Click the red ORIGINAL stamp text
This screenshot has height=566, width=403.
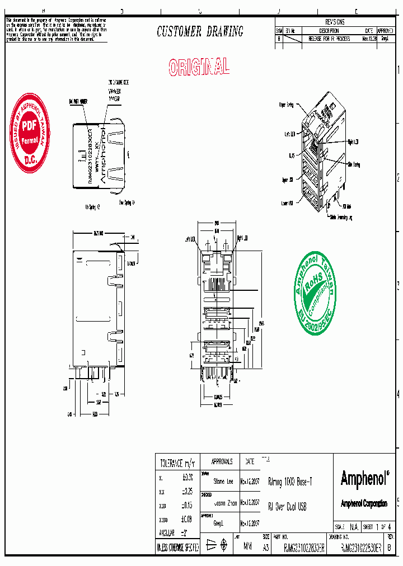[x=199, y=67]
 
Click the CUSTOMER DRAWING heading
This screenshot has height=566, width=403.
[x=200, y=32]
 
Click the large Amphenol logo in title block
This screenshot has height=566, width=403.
[x=364, y=479]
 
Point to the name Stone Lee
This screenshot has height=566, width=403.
[x=222, y=481]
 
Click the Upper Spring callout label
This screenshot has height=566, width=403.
[x=286, y=105]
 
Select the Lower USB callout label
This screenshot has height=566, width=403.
[x=287, y=204]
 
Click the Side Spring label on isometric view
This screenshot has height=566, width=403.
[x=354, y=164]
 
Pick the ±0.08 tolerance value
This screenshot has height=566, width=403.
[x=187, y=520]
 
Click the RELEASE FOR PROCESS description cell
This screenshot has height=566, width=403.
[x=329, y=39]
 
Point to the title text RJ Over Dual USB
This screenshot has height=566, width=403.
[x=288, y=507]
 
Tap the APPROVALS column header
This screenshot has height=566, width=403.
[x=222, y=462]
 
